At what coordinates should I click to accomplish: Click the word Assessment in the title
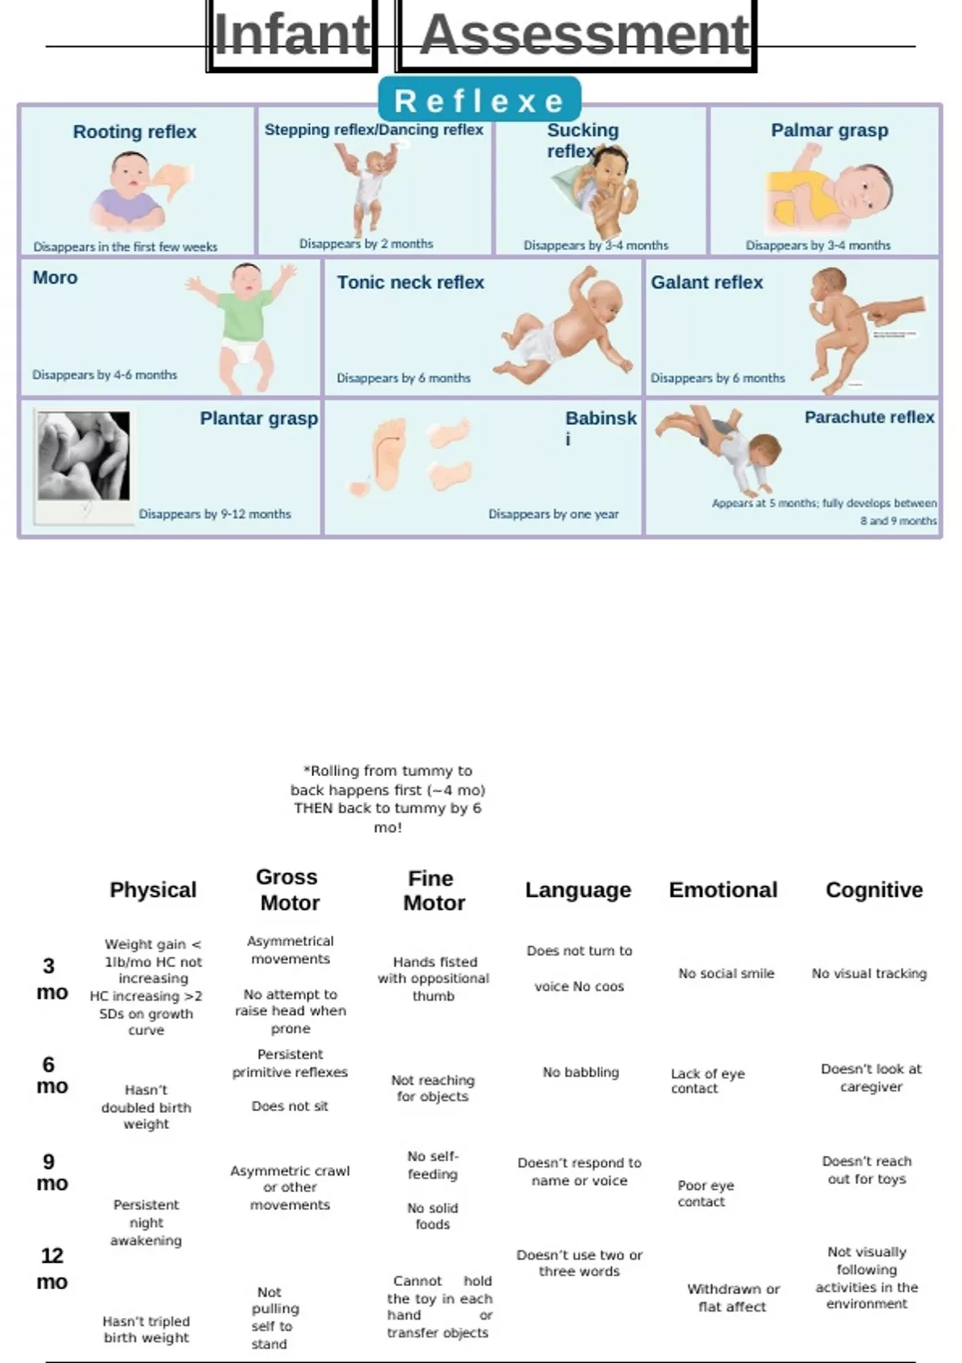click(584, 36)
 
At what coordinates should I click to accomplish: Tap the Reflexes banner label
click(479, 102)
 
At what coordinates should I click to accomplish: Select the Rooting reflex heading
click(135, 131)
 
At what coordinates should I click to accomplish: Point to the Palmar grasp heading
click(829, 130)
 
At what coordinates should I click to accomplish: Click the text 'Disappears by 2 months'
click(366, 244)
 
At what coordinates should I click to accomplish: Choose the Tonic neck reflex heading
click(410, 282)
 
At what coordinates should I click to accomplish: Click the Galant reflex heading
click(706, 282)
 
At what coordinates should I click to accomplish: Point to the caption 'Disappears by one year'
click(553, 514)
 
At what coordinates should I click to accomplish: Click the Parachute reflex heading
click(869, 417)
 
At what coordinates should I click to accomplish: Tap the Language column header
click(578, 890)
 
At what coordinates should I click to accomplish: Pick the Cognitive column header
click(874, 890)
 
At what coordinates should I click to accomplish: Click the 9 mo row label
click(51, 1172)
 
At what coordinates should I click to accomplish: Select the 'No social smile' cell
click(726, 973)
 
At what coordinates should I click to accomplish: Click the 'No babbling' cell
click(580, 1072)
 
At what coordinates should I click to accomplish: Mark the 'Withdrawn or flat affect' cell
click(733, 1297)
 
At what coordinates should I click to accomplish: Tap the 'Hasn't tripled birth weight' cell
click(146, 1329)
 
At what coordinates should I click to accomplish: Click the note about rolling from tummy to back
click(388, 799)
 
